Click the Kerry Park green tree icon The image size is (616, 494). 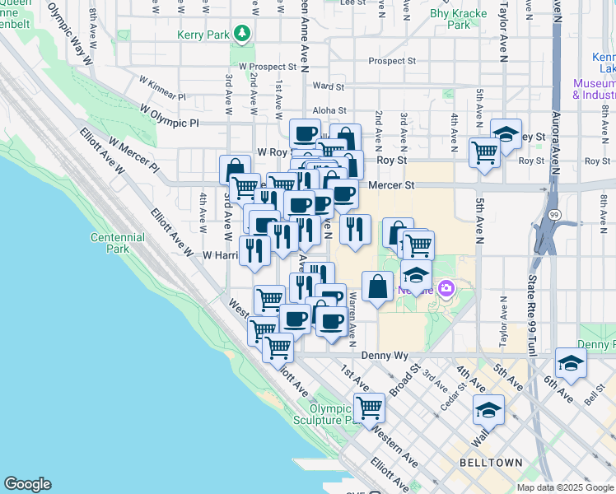[x=242, y=34]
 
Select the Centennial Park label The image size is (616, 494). [x=117, y=243]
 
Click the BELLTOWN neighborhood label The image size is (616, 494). [x=492, y=463]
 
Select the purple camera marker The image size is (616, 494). [x=446, y=289]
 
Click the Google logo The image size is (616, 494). [x=27, y=484]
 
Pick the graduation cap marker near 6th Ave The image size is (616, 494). [x=571, y=362]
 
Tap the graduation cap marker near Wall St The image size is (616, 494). [x=488, y=410]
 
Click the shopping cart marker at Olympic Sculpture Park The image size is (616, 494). [x=369, y=407]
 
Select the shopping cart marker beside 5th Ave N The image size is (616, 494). [x=483, y=151]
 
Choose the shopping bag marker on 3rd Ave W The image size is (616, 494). [x=235, y=168]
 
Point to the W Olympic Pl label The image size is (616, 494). [x=170, y=115]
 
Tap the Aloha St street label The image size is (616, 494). [x=329, y=110]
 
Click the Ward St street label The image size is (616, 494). [x=328, y=86]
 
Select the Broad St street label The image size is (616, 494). [x=405, y=380]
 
